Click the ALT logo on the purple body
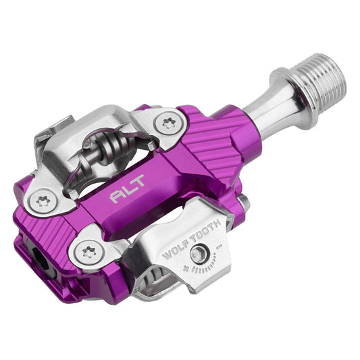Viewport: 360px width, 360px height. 123,196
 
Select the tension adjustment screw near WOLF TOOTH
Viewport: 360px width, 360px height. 199,254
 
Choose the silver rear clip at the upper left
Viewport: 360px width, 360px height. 57,135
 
